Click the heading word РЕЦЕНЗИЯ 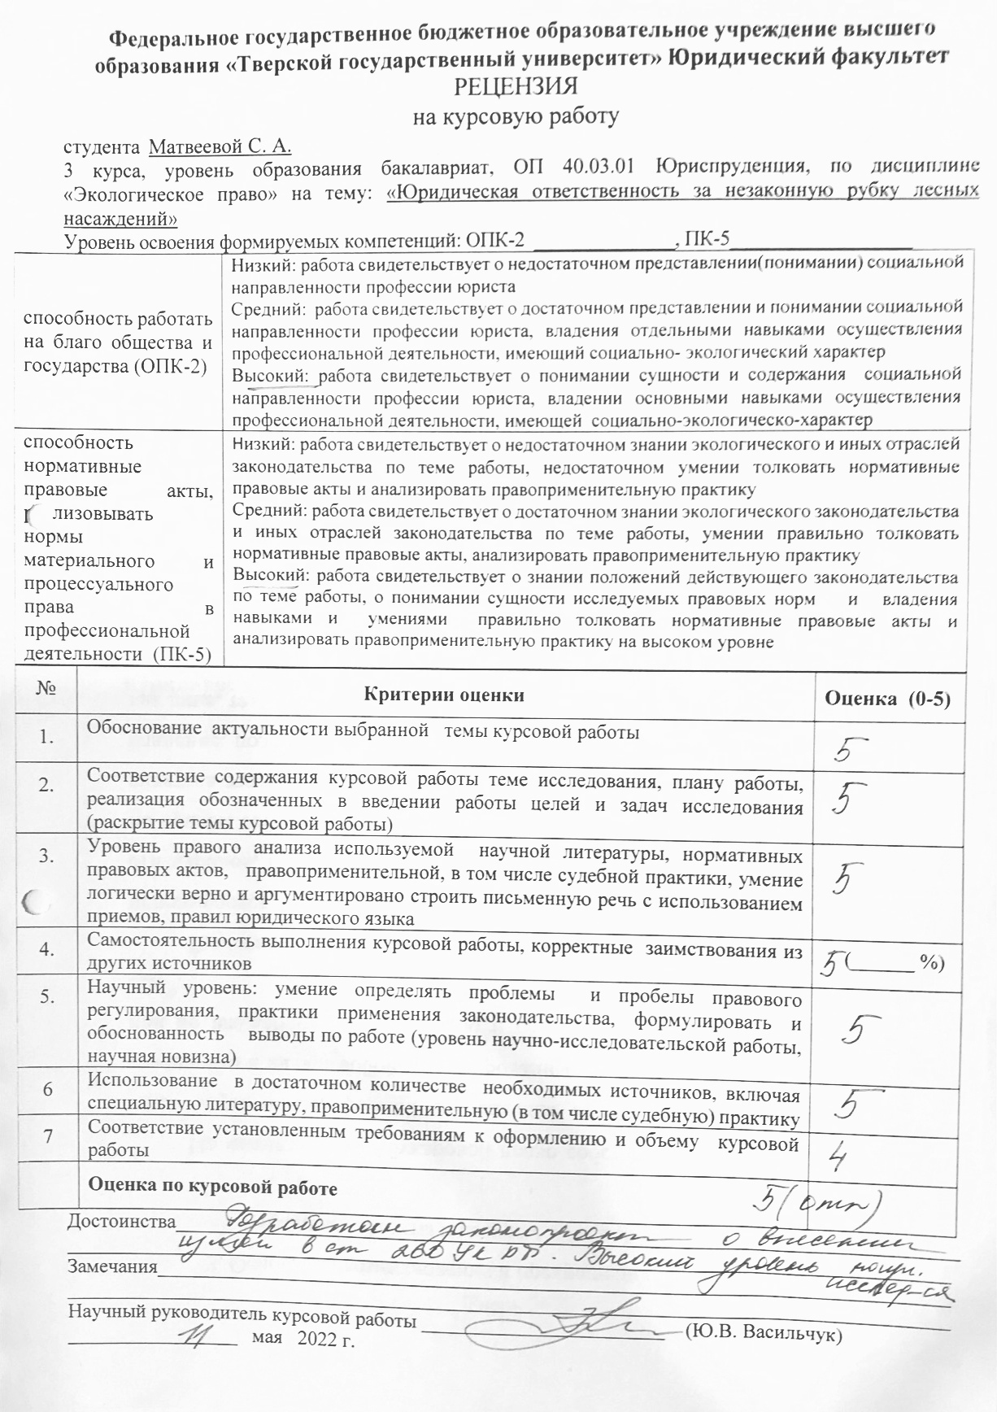516,87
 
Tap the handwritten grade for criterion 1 850,746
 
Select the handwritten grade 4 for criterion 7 838,1156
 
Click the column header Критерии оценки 444,695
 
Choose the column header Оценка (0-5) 887,699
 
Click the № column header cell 46,688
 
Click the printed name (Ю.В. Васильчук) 763,1335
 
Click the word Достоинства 122,1222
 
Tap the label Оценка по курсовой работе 212,1187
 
